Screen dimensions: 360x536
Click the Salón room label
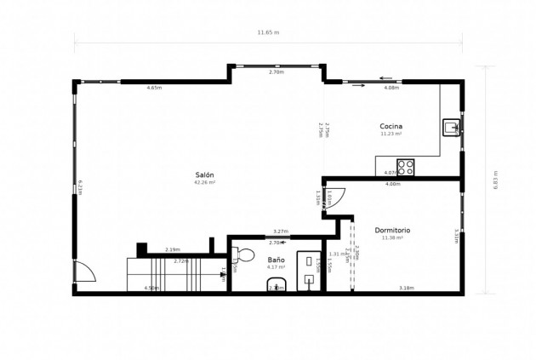click(204, 174)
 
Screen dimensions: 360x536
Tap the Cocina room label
click(391, 126)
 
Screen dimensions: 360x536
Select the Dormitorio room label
click(392, 230)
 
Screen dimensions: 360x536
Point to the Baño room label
click(276, 260)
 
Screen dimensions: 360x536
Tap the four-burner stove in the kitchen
click(406, 168)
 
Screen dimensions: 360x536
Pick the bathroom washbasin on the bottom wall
click(276, 284)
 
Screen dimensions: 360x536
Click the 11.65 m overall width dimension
click(268, 32)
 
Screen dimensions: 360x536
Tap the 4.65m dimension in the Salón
click(154, 88)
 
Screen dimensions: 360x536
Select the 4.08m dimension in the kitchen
click(391, 88)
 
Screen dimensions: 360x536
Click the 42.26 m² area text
click(204, 182)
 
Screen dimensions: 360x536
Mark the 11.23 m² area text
click(391, 134)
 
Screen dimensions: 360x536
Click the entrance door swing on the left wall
click(84, 272)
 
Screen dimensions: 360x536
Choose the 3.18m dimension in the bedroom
click(406, 288)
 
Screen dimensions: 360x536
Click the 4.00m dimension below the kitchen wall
click(392, 185)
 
